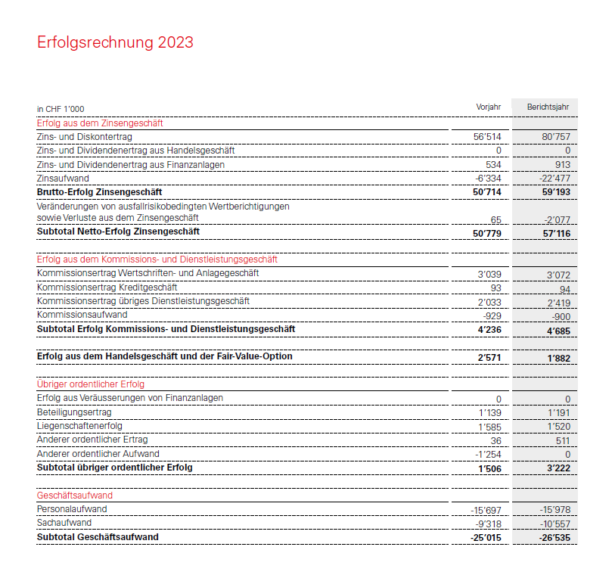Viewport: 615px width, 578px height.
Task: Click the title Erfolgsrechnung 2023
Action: (x=115, y=42)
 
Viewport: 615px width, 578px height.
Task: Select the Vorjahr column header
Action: (x=488, y=107)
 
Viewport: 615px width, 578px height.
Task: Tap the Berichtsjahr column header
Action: (x=548, y=107)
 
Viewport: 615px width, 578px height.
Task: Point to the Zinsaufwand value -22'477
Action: (x=554, y=179)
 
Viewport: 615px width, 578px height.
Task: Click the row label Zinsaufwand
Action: (x=63, y=179)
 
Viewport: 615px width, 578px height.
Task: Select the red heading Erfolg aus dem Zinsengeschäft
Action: (x=100, y=123)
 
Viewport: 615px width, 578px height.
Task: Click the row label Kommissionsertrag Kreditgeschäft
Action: (x=107, y=287)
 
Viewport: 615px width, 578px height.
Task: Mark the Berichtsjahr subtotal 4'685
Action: (x=558, y=331)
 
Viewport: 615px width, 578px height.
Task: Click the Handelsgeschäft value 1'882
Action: (x=558, y=357)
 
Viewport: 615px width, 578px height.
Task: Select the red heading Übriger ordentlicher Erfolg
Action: (x=91, y=384)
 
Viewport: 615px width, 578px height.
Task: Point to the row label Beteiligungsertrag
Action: (x=74, y=412)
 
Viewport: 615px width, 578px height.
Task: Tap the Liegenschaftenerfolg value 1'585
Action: (x=490, y=427)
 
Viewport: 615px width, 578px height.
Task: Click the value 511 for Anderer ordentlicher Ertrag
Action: (x=562, y=440)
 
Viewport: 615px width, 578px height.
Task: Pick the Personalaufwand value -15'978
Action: (x=554, y=510)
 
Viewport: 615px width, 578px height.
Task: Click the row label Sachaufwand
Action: (x=64, y=523)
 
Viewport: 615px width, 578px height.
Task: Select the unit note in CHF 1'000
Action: (x=61, y=109)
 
